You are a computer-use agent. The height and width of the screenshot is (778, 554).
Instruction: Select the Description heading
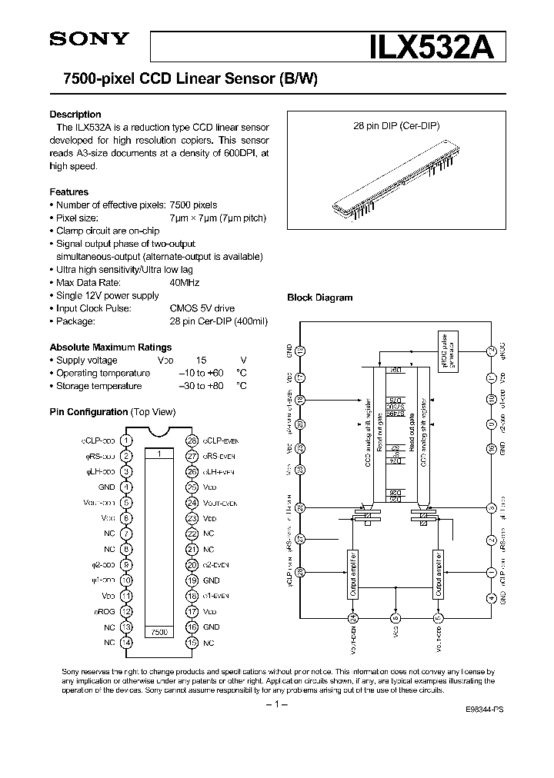coord(75,115)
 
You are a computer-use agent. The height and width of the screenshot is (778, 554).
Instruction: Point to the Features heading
coord(69,191)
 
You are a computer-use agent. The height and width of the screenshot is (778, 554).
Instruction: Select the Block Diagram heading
coord(319,298)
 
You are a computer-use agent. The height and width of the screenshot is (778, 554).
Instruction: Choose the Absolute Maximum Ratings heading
coord(111,347)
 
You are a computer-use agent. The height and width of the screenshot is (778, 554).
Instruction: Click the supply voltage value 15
coord(201,360)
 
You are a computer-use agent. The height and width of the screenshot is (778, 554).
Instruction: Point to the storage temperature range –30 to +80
coord(201,386)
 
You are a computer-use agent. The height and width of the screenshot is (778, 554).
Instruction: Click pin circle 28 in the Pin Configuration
coord(192,441)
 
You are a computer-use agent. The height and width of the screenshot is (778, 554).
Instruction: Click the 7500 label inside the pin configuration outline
coord(159,630)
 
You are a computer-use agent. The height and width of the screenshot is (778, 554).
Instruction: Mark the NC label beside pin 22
coord(209,534)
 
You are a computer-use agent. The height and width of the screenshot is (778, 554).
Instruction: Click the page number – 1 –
coord(276,705)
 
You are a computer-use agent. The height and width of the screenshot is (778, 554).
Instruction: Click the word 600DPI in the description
coord(243,154)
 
